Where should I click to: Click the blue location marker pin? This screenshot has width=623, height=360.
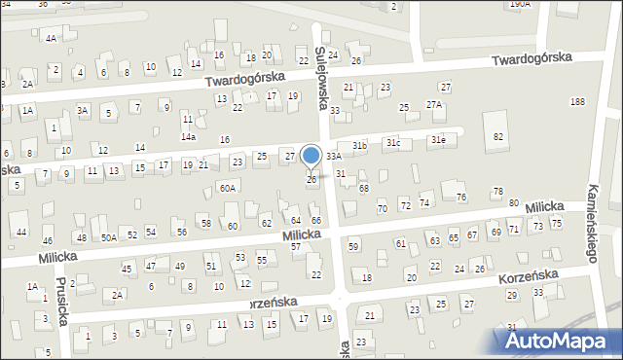[311, 156]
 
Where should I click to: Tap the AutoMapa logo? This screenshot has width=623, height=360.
[557, 341]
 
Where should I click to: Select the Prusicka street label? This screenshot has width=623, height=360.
[60, 302]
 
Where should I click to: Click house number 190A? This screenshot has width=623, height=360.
[521, 4]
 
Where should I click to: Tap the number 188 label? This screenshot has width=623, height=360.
[578, 102]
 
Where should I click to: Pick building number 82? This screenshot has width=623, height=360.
[498, 137]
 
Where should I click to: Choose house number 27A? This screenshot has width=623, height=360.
[434, 104]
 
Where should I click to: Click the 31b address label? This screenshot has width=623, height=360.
[359, 146]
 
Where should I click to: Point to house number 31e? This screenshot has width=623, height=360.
[439, 139]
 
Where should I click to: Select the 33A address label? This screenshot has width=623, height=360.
[334, 156]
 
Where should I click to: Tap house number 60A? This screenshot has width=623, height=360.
[227, 188]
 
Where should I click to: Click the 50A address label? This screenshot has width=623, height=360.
[109, 237]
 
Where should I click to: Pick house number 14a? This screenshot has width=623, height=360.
[187, 137]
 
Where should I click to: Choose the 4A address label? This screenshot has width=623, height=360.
[51, 39]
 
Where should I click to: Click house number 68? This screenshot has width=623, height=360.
[364, 188]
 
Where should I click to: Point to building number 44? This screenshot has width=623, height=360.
[21, 232]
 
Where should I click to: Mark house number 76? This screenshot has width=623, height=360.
[461, 198]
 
